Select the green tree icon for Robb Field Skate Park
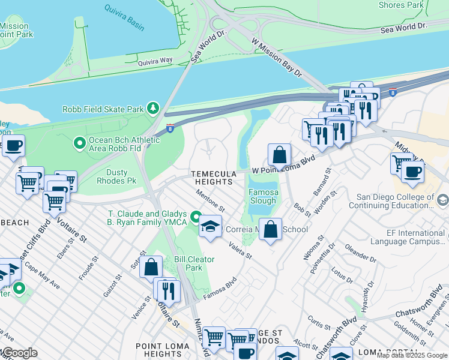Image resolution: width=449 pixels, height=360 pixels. tap(154, 109)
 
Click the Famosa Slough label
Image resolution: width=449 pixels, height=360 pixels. tap(264, 197)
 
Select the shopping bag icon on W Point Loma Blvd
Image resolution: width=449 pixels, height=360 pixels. tap(279, 155)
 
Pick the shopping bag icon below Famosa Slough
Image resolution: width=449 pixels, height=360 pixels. tap(271, 229)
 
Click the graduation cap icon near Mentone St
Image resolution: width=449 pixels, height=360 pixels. tap(210, 227)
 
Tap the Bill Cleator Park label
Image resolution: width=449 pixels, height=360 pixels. tap(194, 263)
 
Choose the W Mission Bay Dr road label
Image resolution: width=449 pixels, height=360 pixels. tap(277, 57)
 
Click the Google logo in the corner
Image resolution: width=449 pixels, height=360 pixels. tap(19, 353)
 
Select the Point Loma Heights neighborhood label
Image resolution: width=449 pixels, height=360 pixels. tap(163, 350)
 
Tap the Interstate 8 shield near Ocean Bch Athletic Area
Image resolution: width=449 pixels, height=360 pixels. tap(170, 128)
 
